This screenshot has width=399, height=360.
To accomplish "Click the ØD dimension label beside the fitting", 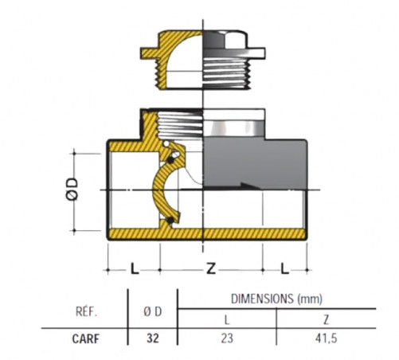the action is [x=72, y=189].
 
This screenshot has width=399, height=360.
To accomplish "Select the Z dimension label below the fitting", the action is [x=211, y=269].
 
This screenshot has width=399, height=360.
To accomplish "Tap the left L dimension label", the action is [x=135, y=268].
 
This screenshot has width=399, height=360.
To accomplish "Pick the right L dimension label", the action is [x=284, y=268].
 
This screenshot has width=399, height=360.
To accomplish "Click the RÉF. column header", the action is [x=87, y=311].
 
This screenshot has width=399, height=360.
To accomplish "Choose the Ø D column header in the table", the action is [x=153, y=311].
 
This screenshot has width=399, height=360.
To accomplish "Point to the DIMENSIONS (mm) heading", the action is [x=276, y=299].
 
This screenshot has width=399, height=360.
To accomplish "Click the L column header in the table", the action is [x=226, y=320].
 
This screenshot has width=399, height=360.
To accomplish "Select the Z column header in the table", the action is [x=327, y=320].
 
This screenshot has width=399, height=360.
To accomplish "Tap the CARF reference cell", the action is [x=86, y=338].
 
